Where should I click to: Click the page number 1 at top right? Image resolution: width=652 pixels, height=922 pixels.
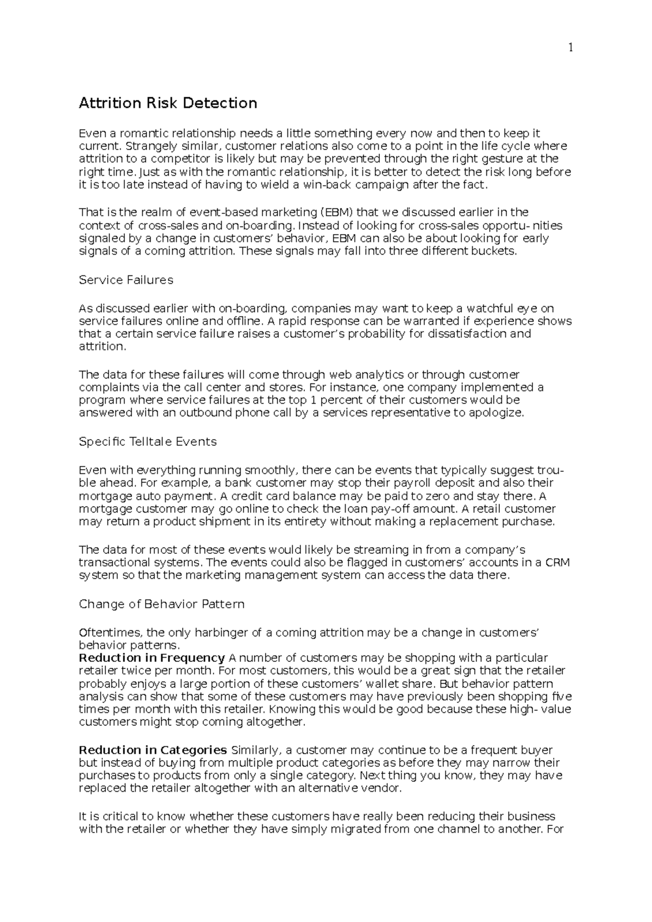pos(570,48)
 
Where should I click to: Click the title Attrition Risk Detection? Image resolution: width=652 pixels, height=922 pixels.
pos(168,103)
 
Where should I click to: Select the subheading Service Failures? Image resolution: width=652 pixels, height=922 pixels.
pos(126,280)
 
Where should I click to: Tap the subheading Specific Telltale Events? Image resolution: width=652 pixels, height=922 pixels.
pos(148,441)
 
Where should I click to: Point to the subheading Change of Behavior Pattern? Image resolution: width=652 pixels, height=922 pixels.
pos(161,604)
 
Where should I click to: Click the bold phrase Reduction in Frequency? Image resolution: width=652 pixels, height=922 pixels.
pos(152,658)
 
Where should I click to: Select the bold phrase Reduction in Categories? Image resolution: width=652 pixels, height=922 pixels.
pos(153,750)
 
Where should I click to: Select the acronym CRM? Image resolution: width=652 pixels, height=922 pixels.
pos(557,563)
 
